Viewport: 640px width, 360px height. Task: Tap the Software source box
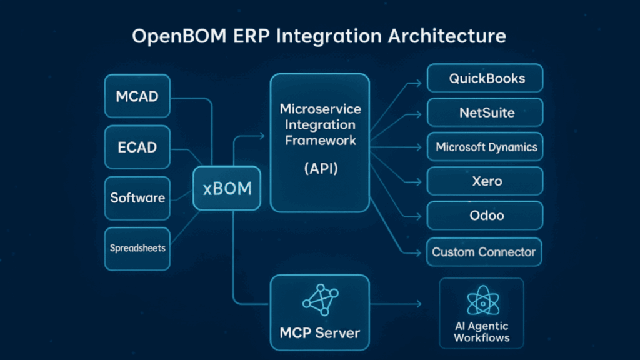[x=137, y=198]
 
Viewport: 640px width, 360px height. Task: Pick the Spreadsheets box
[x=137, y=248]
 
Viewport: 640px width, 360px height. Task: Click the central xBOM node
[x=227, y=187]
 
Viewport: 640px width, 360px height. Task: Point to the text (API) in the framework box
[x=320, y=169]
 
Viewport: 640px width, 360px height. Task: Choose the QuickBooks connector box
[x=485, y=79]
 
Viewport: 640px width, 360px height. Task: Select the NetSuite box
[x=485, y=113]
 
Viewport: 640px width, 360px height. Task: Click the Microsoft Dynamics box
[x=485, y=147]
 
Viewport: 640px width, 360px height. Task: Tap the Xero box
[x=485, y=182]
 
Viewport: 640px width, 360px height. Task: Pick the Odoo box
[x=485, y=216]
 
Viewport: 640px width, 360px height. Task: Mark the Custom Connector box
[x=485, y=252]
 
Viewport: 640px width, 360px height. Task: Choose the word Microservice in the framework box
[x=320, y=109]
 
